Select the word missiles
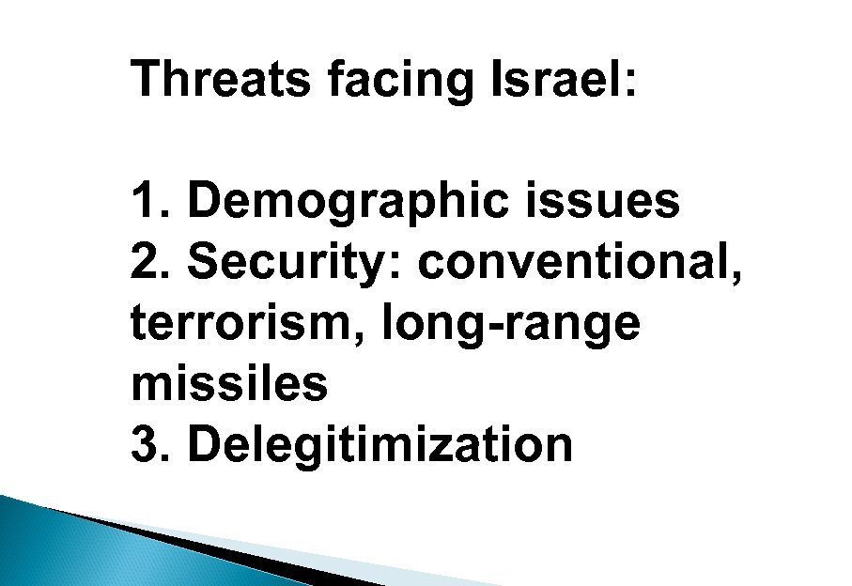click(230, 383)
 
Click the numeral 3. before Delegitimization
click(150, 444)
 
